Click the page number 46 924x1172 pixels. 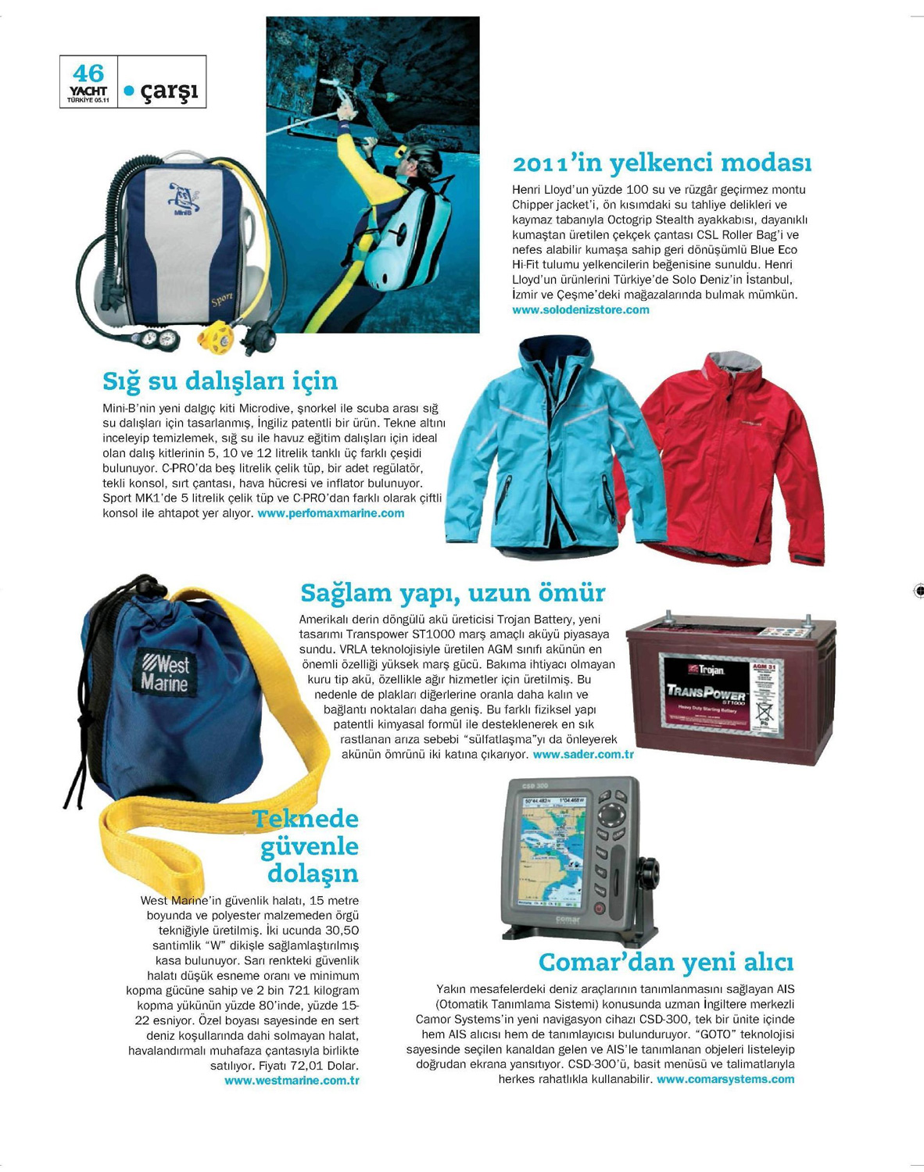[x=88, y=73]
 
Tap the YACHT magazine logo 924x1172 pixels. [x=88, y=92]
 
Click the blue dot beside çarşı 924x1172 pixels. [x=130, y=91]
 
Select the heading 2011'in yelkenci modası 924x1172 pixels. [x=661, y=163]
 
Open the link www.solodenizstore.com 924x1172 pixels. [x=580, y=310]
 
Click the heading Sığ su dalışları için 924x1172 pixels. [x=220, y=381]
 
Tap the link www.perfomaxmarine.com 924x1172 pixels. [x=331, y=513]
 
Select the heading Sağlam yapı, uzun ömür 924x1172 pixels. [x=453, y=593]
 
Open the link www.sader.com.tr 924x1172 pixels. [x=582, y=755]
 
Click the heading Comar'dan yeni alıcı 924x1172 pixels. [x=666, y=962]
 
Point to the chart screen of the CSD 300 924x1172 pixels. [x=553, y=848]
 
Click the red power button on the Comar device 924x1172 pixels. [x=599, y=909]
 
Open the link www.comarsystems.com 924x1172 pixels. [x=725, y=1079]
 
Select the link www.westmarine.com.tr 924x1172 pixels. [x=292, y=1081]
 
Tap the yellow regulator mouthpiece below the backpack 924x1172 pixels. [x=213, y=338]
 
